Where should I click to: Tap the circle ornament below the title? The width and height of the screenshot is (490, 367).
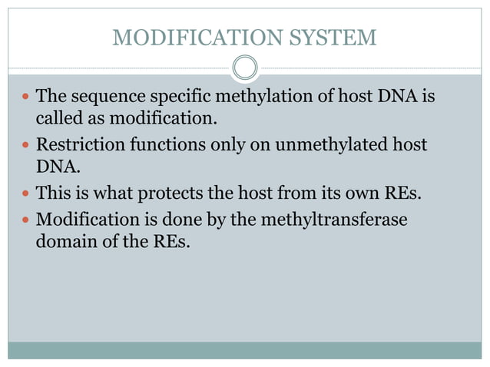pos(245,68)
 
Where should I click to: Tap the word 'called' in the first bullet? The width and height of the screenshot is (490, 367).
pos(58,119)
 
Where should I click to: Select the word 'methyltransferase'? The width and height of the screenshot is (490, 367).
pos(333,220)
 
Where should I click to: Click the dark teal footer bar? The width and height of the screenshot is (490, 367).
pos(245,350)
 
